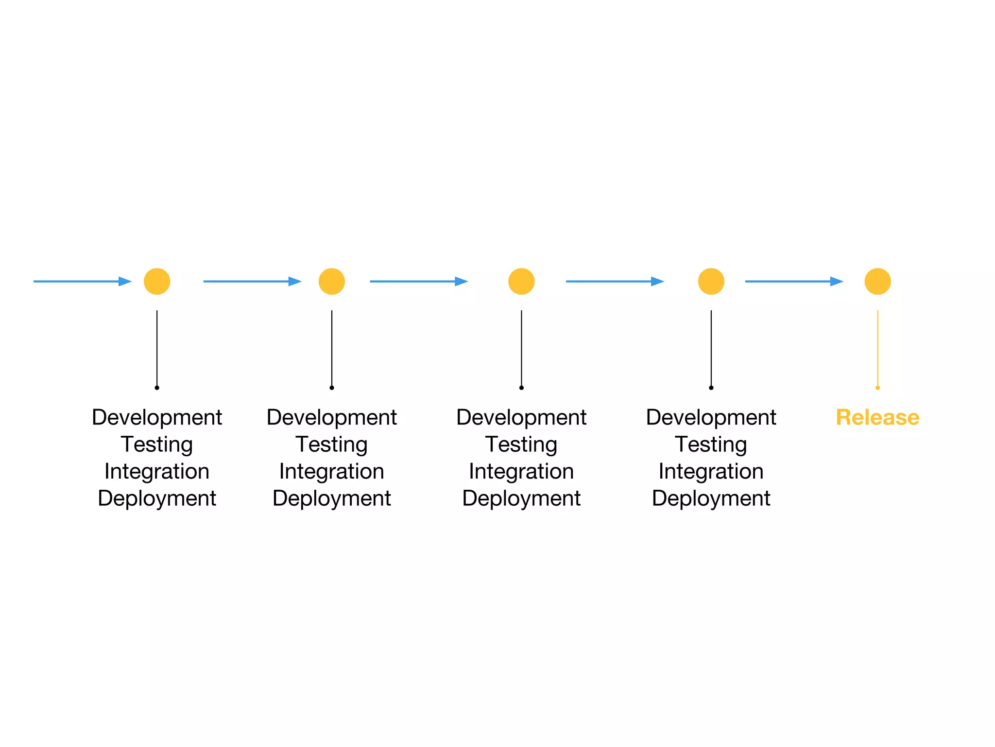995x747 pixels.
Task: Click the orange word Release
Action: [877, 417]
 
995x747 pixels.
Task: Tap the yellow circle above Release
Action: [877, 281]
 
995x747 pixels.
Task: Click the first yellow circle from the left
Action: [157, 281]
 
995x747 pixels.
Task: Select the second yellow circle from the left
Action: [332, 281]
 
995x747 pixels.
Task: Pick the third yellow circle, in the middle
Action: [521, 281]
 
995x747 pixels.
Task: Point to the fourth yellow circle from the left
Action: [711, 281]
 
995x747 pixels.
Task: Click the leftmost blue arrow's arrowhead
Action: [125, 281]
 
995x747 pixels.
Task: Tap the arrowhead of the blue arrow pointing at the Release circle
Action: [837, 281]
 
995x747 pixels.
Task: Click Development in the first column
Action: [157, 417]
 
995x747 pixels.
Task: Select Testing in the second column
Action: [332, 444]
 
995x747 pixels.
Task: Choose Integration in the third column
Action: [521, 471]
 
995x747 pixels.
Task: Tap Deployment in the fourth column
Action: [711, 498]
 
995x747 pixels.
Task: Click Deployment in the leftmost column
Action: [157, 498]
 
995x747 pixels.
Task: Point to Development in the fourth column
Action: [711, 417]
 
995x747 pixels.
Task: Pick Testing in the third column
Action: [521, 444]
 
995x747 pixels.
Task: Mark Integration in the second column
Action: [332, 471]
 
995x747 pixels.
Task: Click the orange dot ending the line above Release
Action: [877, 388]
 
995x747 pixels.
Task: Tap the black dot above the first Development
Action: [157, 388]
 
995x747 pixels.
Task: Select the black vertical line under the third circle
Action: [521, 348]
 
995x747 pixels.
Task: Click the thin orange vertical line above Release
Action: [877, 348]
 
